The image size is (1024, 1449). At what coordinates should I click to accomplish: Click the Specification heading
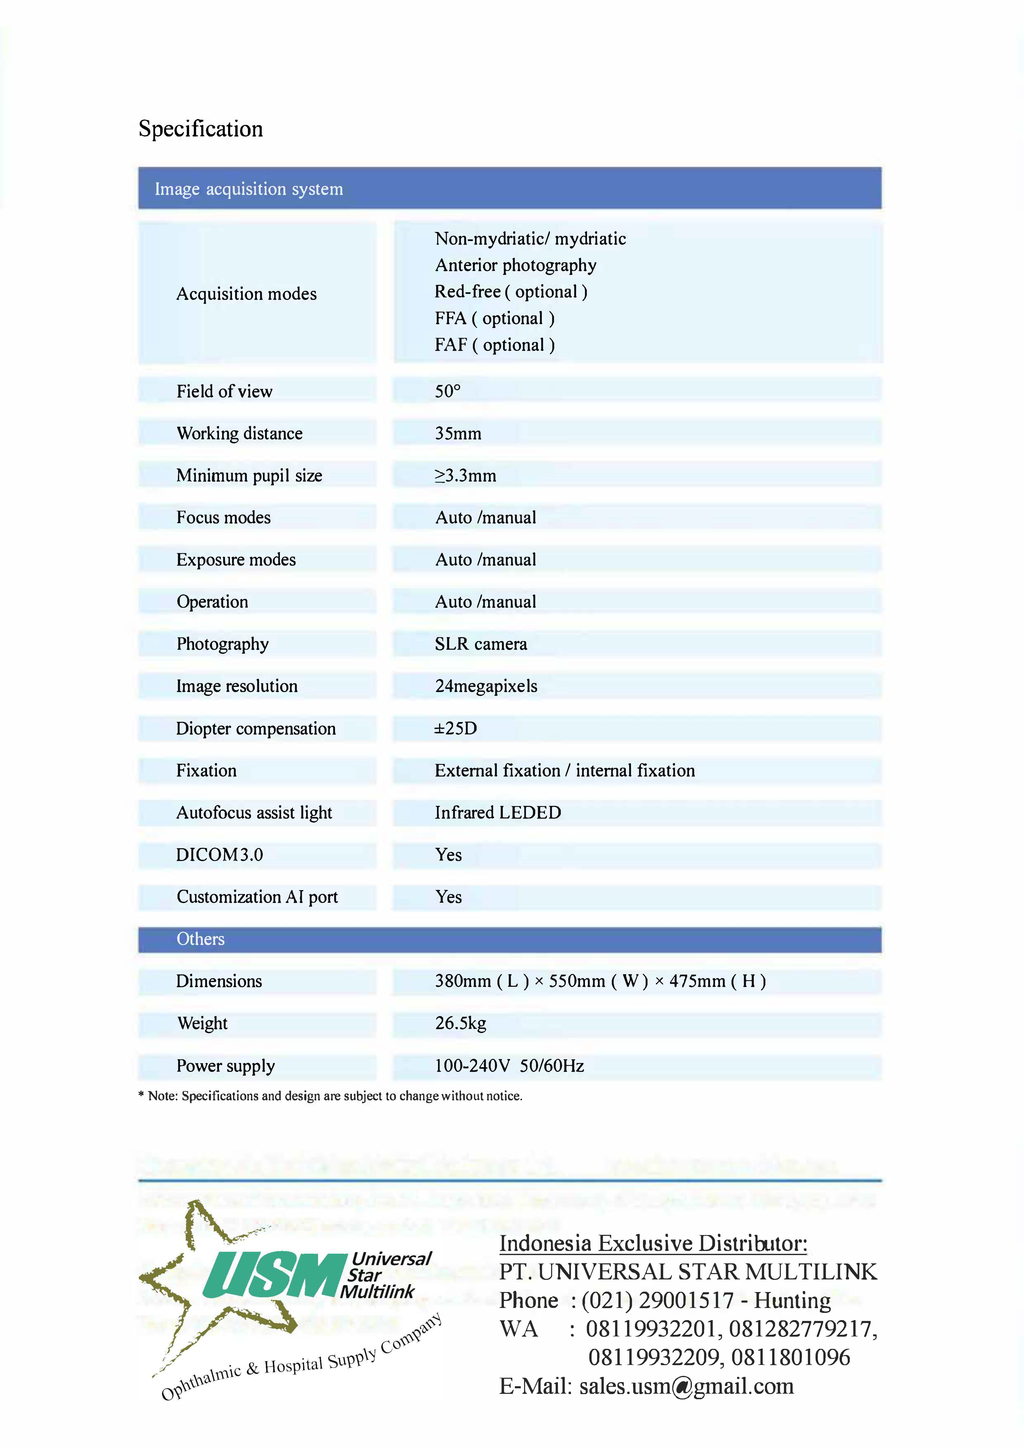point(201,129)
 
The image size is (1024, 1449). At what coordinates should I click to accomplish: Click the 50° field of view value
point(447,391)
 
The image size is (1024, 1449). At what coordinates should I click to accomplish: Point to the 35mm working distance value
point(458,434)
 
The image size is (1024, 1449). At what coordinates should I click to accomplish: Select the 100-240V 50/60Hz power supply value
point(509,1066)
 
